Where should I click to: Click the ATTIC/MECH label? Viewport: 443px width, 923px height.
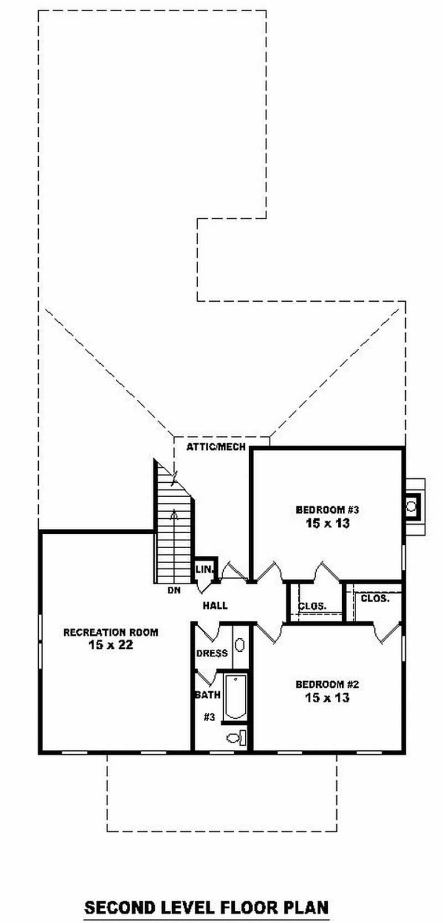(x=216, y=447)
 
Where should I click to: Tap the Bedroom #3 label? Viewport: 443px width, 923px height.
(x=327, y=510)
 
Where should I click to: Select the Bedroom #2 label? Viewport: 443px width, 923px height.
(x=327, y=684)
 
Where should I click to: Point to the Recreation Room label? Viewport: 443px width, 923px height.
(x=111, y=632)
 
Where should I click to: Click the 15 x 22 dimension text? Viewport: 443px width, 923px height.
(x=111, y=644)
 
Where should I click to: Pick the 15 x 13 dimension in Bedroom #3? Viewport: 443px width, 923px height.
(x=328, y=523)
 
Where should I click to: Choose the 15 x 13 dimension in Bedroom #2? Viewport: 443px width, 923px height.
(x=328, y=698)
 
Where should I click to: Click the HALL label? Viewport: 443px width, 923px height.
(x=215, y=605)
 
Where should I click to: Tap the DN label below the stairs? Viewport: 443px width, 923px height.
(x=174, y=590)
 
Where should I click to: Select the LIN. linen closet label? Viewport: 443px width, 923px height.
(x=204, y=570)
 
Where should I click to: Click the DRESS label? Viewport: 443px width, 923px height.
(x=212, y=653)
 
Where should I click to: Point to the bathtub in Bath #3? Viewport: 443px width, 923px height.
(x=235, y=697)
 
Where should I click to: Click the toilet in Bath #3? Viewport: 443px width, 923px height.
(x=236, y=737)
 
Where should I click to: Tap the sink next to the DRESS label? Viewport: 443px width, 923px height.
(x=239, y=645)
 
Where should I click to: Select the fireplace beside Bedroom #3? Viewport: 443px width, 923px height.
(x=414, y=507)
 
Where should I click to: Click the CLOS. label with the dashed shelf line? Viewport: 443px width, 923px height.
(x=312, y=606)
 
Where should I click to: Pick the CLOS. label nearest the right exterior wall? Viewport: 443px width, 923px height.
(x=375, y=599)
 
